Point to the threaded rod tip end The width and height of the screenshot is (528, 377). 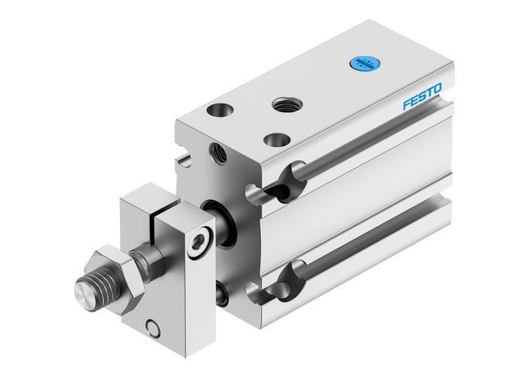pyautogui.click(x=84, y=290)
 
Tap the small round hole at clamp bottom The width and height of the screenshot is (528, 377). pyautogui.click(x=154, y=326)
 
